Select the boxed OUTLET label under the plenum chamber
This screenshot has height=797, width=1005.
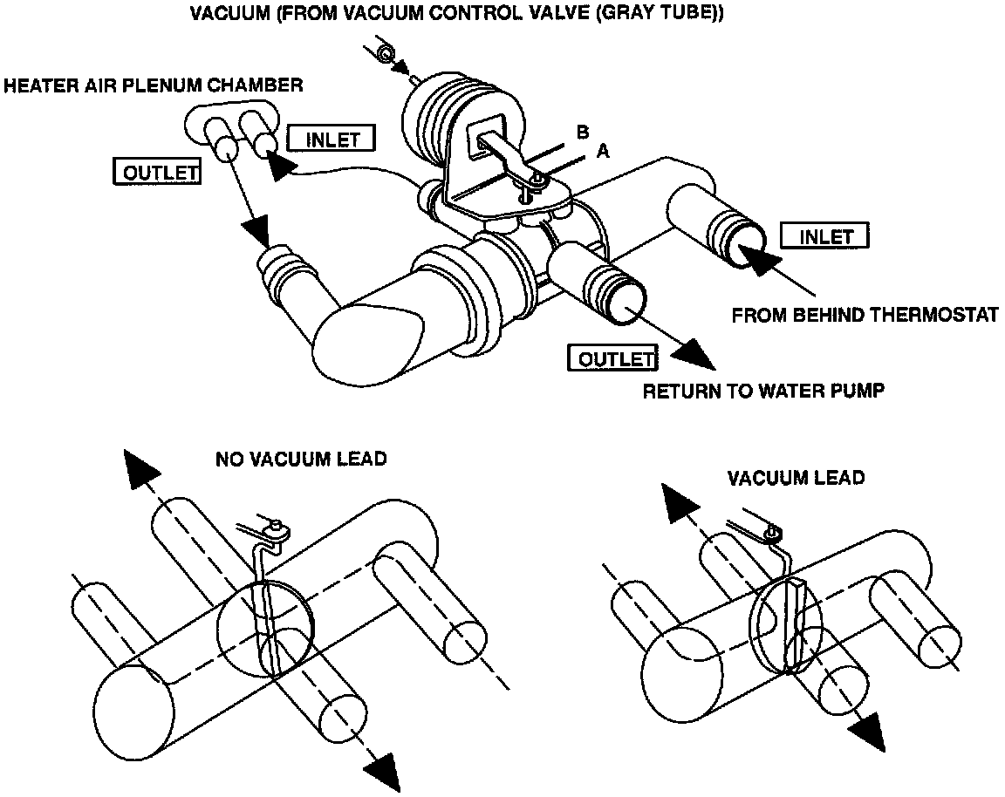point(157,172)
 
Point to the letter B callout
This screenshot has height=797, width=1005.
point(582,132)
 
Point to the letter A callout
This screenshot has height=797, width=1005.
point(601,152)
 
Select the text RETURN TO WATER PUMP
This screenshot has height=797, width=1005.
point(763,392)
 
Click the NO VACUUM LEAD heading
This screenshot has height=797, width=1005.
point(301,459)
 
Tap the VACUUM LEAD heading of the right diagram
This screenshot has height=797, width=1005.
point(796,478)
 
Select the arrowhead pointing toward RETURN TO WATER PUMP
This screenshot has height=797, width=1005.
point(694,355)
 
